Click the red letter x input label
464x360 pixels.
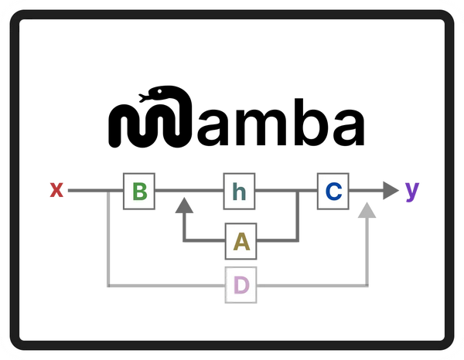pyautogui.click(x=56, y=189)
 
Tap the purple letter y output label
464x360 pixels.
pyautogui.click(x=413, y=189)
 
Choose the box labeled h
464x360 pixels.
pyautogui.click(x=240, y=191)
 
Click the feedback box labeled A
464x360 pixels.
pyautogui.click(x=241, y=242)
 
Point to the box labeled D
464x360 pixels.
pyautogui.click(x=241, y=286)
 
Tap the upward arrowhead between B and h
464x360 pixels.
pyautogui.click(x=184, y=205)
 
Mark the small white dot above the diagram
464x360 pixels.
pyautogui.click(x=159, y=92)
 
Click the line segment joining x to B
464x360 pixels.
pyautogui.click(x=93, y=190)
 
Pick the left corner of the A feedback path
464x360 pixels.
pyautogui.click(x=184, y=241)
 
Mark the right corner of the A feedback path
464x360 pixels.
pyautogui.click(x=297, y=241)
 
